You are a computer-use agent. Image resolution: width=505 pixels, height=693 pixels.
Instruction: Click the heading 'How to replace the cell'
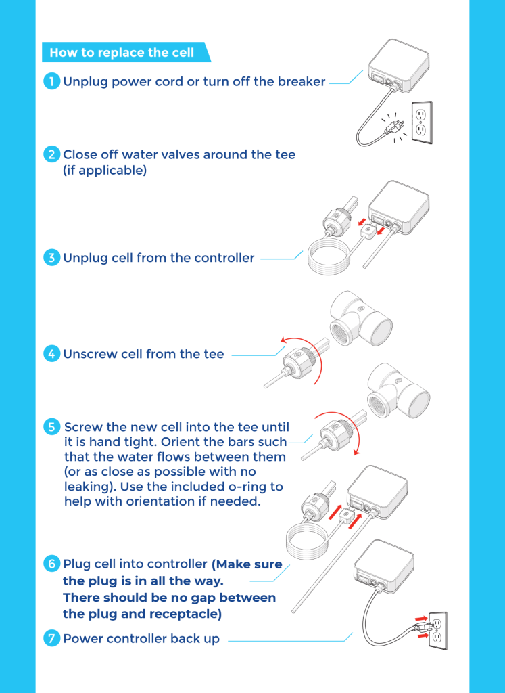click(x=122, y=53)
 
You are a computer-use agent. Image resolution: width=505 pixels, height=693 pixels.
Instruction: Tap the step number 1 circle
click(x=51, y=82)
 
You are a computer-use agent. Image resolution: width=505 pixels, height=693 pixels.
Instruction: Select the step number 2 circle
click(x=51, y=155)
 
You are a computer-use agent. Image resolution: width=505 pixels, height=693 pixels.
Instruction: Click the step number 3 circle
click(x=51, y=258)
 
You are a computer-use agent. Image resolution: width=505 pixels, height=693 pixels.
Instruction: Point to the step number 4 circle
click(x=51, y=354)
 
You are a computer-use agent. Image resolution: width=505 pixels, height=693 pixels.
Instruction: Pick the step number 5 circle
click(x=51, y=427)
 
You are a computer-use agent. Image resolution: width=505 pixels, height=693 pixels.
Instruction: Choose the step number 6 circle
click(x=51, y=564)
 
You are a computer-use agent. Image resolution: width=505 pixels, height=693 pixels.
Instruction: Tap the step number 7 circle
click(x=51, y=639)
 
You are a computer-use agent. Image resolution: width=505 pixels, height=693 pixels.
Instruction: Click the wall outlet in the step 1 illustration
click(x=422, y=121)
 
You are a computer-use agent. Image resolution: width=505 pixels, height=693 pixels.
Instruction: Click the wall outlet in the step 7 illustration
click(x=437, y=630)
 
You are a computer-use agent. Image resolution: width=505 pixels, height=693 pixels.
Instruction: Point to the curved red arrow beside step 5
click(x=345, y=426)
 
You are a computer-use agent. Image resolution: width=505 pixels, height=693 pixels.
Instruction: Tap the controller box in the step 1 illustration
click(x=398, y=66)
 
